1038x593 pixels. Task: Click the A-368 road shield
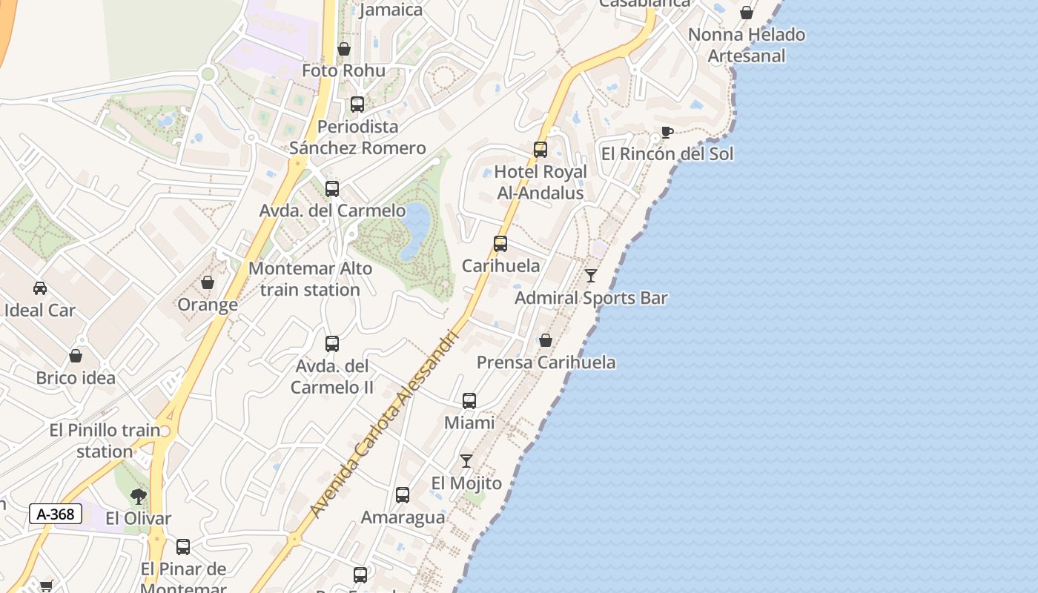coord(56,514)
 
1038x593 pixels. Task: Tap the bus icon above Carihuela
coord(500,243)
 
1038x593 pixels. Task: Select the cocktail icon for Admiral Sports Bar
coord(591,276)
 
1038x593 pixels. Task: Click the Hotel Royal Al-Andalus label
coord(540,182)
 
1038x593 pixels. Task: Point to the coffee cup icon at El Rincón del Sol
coord(667,133)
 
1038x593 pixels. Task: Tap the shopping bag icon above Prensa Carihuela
coord(546,340)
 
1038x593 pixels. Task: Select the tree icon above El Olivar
coord(138,497)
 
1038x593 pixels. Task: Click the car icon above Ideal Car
coord(40,288)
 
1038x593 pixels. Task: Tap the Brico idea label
coord(76,378)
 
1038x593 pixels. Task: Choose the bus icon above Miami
coord(469,401)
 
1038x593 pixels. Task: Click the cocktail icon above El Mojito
coord(466,461)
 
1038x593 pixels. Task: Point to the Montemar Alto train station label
coord(310,279)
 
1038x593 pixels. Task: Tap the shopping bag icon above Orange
coord(208,282)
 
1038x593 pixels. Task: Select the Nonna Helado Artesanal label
coord(746,45)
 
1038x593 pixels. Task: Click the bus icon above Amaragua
coord(403,495)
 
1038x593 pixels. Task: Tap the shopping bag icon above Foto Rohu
coord(344,49)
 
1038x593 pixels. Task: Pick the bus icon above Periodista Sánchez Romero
coord(357,105)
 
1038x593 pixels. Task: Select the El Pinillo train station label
coord(105,440)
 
